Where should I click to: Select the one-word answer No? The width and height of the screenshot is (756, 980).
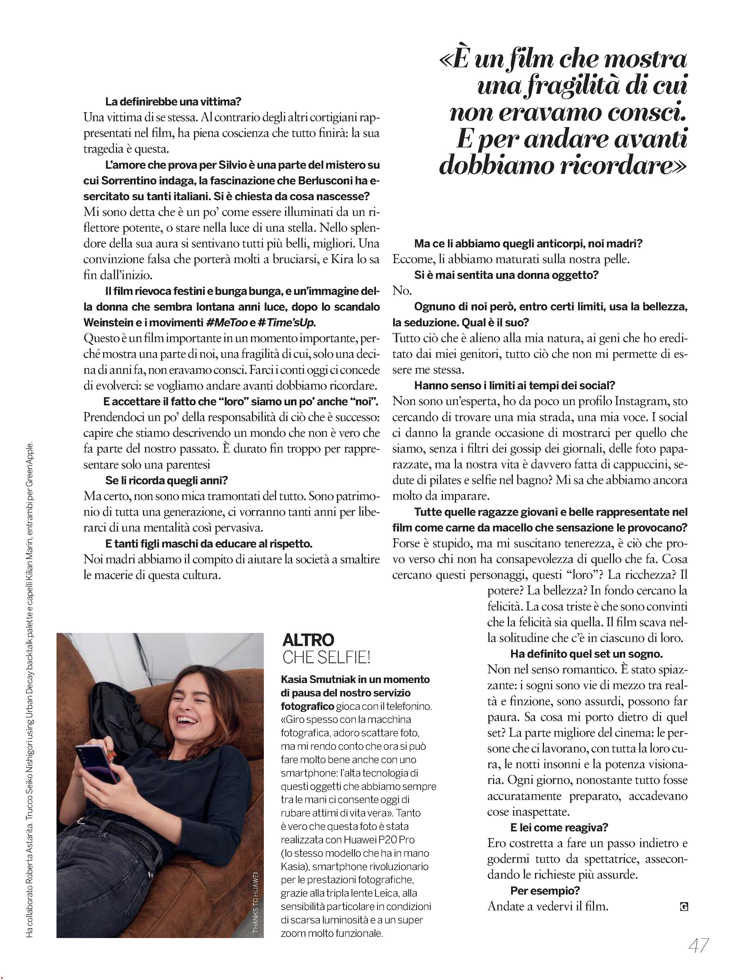tap(402, 291)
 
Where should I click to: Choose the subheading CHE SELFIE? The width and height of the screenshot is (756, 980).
tap(326, 658)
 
